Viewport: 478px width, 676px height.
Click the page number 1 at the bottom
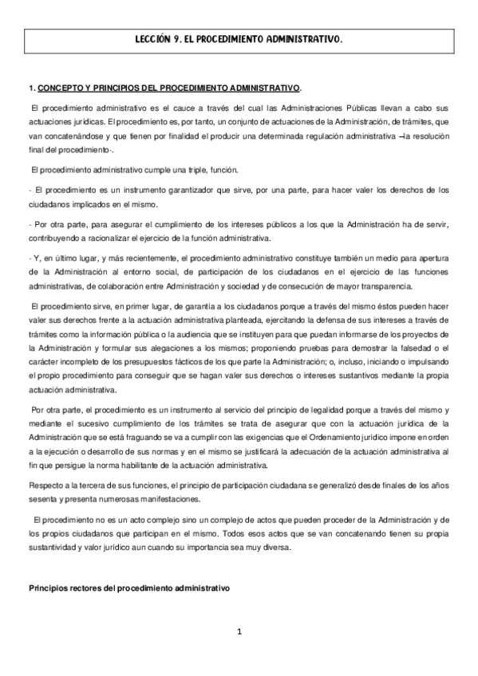(x=238, y=632)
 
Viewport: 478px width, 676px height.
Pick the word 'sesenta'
(x=43, y=499)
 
